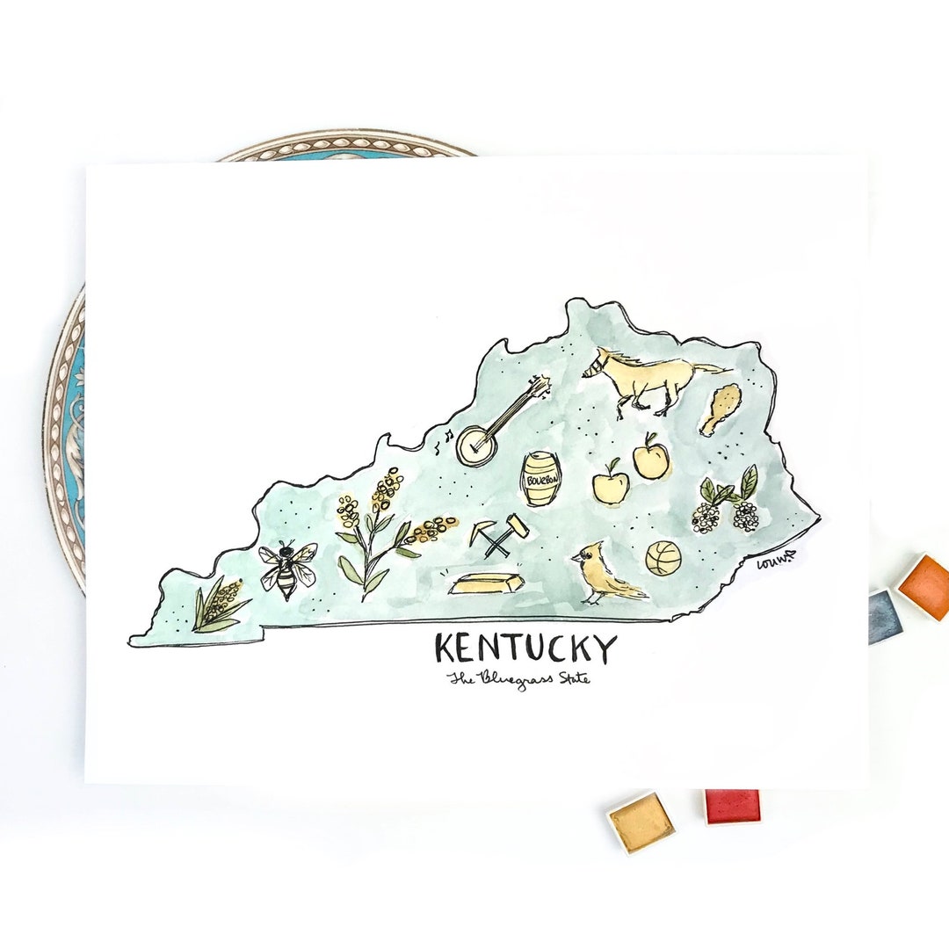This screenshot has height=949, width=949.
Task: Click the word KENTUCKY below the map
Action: point(525,649)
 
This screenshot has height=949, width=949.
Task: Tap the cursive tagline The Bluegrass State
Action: point(518,678)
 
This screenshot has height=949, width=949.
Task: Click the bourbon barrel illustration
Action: point(541,480)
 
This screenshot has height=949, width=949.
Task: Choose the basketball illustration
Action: point(663,558)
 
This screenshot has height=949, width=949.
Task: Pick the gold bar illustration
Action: point(485,583)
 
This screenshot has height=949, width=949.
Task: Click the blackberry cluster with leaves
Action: point(728,505)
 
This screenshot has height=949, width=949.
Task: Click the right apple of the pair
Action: point(651,459)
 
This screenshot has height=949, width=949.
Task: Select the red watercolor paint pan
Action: point(731,805)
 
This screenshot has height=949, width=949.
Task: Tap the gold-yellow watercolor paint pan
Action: point(641,822)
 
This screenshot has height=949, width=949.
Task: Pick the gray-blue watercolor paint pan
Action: point(885,616)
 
